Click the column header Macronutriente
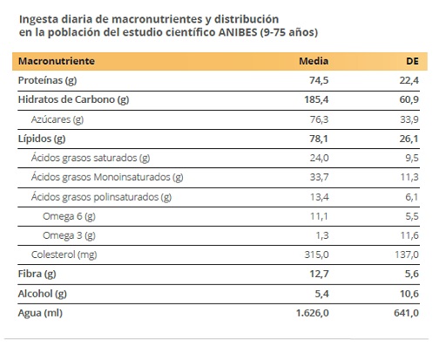tap(57, 61)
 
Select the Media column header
tap(314, 61)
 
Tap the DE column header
tap(412, 61)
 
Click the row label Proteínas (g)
tap(47, 80)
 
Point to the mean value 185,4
tap(316, 99)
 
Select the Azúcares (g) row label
tap(57, 119)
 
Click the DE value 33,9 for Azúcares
tap(409, 119)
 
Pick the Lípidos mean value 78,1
tap(319, 139)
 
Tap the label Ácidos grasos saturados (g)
tap(91, 158)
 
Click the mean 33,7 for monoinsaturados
tap(319, 177)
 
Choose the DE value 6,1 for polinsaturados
tap(412, 197)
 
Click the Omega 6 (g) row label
tap(69, 216)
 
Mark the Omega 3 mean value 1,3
tap(322, 235)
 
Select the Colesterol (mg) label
tap(64, 255)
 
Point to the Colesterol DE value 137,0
tap(407, 255)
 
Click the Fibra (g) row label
tap(37, 274)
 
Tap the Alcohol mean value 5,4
tap(322, 294)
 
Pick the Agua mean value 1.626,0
tap(313, 313)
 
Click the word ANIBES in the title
tap(238, 32)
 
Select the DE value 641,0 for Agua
tap(407, 313)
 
